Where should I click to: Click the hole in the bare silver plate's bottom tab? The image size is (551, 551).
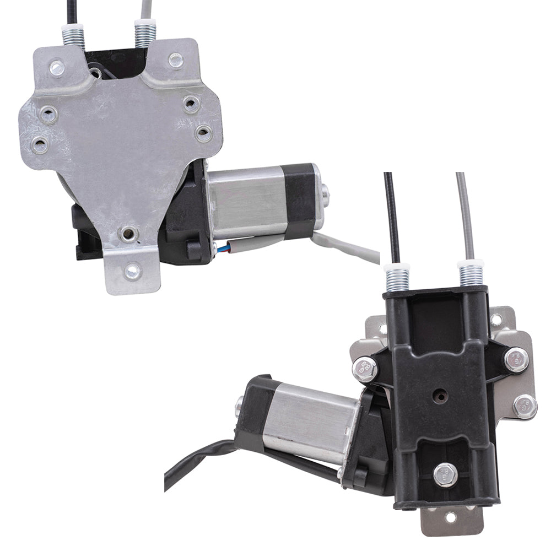[132, 270]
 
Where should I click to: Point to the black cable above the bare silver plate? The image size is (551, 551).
[72, 11]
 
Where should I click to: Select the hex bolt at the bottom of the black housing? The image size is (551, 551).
[445, 475]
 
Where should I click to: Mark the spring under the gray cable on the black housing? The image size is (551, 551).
[471, 273]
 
